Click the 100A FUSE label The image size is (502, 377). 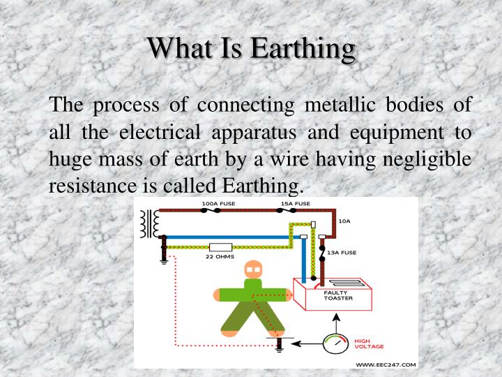(218, 203)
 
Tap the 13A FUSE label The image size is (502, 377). (342, 252)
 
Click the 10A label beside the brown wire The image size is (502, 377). (344, 221)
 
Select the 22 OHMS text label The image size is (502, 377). (220, 257)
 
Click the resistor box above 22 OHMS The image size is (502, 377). (220, 246)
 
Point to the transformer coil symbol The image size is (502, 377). (148, 223)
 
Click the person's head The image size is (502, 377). (254, 269)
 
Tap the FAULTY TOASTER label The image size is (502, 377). (337, 295)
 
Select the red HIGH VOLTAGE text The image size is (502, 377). (369, 343)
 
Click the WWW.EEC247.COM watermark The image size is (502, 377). (386, 364)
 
